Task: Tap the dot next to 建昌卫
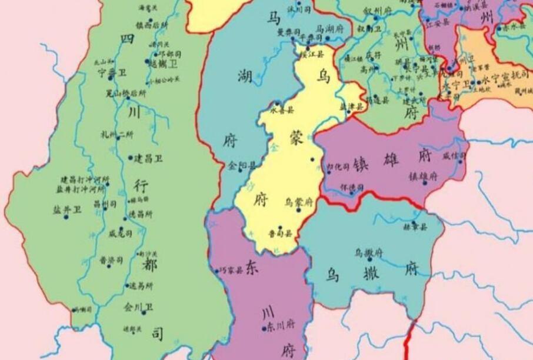click(x=130, y=158)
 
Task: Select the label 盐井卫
click(x=68, y=209)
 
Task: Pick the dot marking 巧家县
click(x=216, y=271)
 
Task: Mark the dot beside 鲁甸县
click(x=281, y=228)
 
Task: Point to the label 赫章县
click(x=415, y=226)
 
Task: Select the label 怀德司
click(x=352, y=187)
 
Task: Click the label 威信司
click(x=454, y=155)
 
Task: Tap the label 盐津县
click(x=351, y=106)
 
